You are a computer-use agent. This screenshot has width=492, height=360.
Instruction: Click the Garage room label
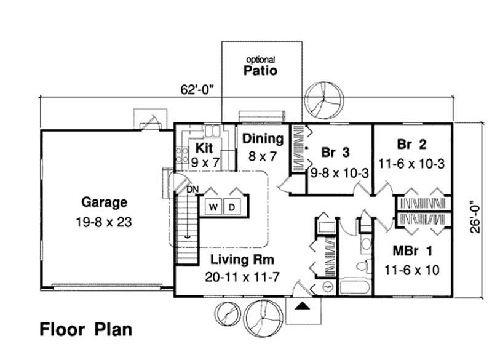[x=104, y=202]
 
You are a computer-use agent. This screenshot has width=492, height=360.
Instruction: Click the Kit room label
[x=204, y=148]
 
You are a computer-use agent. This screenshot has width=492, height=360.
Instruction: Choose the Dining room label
[x=263, y=139]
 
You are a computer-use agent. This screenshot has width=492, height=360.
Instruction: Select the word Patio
[x=260, y=71]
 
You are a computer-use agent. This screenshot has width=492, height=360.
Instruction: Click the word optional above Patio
[x=260, y=60]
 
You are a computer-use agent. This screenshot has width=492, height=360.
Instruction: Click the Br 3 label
[x=335, y=152]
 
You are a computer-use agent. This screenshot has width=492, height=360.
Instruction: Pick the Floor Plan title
[x=86, y=329]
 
